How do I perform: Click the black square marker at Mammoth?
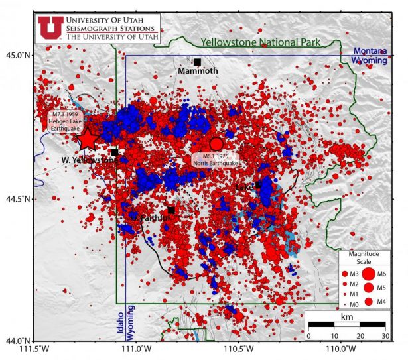pos(197,62)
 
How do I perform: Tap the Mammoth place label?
pos(198,70)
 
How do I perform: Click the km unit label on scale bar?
pos(346,317)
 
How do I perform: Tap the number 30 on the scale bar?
pos(384,336)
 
